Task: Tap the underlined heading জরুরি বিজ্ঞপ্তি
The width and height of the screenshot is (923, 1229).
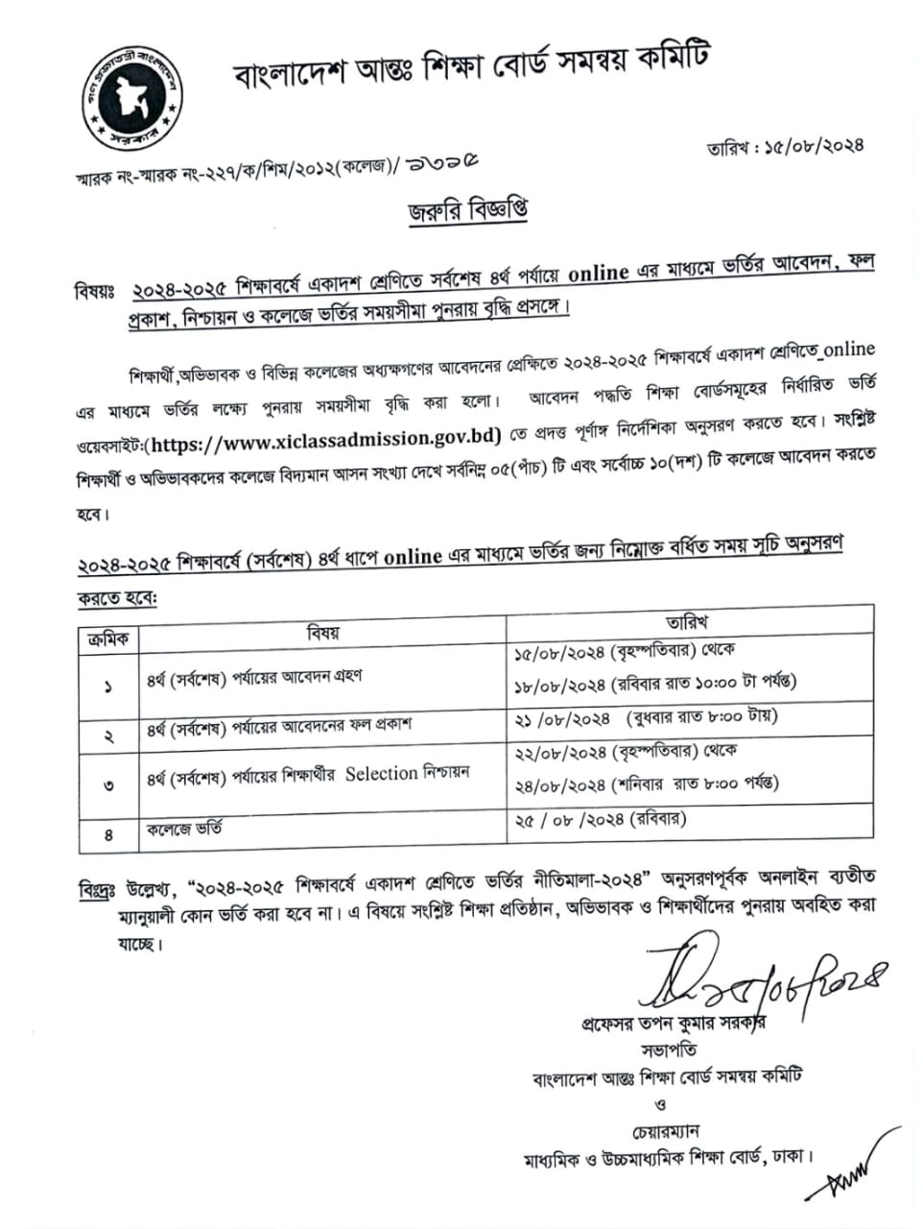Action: [468, 210]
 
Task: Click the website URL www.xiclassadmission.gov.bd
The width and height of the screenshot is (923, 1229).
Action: [326, 438]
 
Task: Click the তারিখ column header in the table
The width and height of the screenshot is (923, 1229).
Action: [687, 623]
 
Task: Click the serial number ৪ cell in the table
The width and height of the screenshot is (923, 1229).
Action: [107, 834]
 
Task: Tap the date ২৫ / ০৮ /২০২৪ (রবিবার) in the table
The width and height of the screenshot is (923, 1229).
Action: [602, 819]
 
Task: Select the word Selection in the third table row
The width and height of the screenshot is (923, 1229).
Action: [381, 774]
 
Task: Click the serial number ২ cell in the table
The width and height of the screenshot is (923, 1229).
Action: [107, 735]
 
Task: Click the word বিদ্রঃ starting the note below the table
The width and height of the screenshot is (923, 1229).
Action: [97, 890]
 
